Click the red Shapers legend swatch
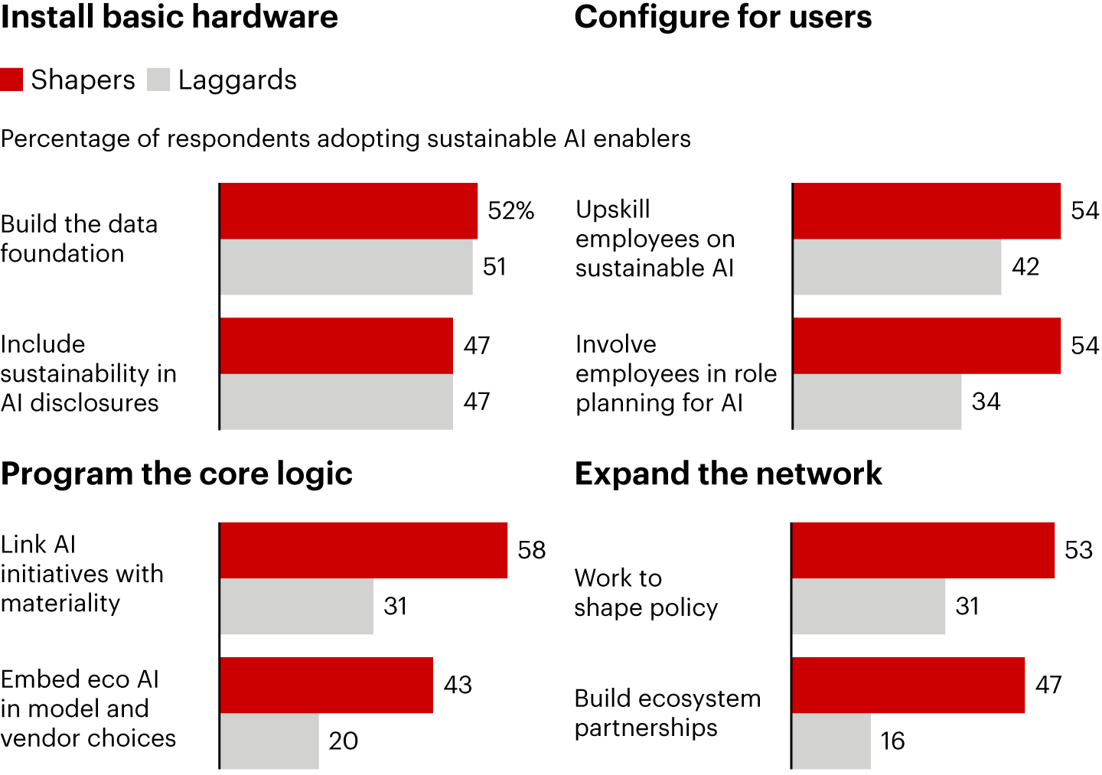pos(11,80)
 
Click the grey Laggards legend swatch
pos(158,80)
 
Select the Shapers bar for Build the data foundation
pos(348,211)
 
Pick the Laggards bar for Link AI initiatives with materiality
pos(296,606)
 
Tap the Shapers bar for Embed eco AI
pos(326,685)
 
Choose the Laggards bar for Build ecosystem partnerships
pos(831,741)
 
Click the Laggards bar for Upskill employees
pos(897,267)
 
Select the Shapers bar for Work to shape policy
pos(923,550)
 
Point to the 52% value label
pos(510,210)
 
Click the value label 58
pos(532,550)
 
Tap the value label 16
pos(892,741)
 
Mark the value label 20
pos(344,741)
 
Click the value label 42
pos(1025,267)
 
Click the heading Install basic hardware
pos(169,17)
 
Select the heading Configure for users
pos(723,17)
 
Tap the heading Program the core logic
pos(177,474)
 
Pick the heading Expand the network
pos(729,474)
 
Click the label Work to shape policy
pos(646,592)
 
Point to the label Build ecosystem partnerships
pos(667,712)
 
